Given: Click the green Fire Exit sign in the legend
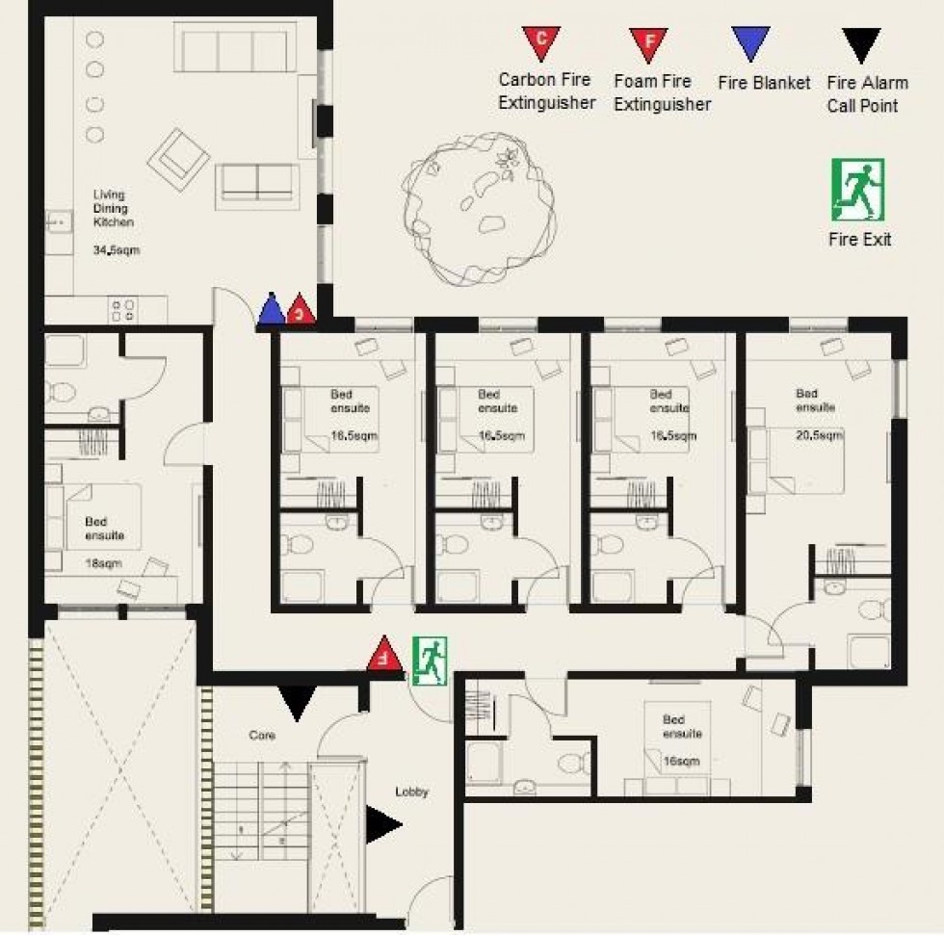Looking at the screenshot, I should click(857, 190).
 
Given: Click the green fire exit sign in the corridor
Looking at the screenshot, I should click(430, 662).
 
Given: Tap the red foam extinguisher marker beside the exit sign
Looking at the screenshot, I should click(384, 654).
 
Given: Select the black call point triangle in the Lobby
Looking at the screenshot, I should click(382, 824).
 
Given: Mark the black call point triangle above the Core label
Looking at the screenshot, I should click(297, 701).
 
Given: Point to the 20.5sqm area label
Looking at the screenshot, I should click(820, 435).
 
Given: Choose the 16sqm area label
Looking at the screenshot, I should click(682, 761).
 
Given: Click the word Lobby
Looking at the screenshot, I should click(411, 792).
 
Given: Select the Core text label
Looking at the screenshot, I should click(262, 735).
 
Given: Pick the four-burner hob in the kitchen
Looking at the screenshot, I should click(123, 309).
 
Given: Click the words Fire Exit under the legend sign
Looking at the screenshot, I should click(859, 239).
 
